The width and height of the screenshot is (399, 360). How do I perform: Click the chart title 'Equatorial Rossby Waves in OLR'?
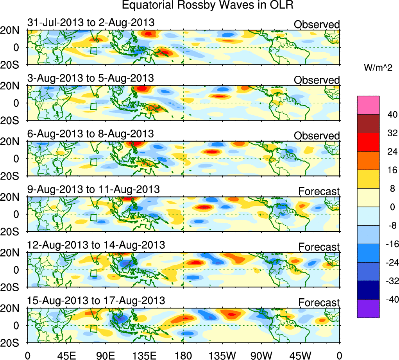[207, 5]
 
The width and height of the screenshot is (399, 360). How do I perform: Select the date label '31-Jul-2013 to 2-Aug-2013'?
[91, 23]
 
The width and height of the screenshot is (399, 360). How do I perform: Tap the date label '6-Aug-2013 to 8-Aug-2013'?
[90, 134]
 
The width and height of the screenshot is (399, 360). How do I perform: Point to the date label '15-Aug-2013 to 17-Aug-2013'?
[96, 301]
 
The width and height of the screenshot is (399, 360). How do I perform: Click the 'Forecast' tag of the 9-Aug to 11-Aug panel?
[319, 191]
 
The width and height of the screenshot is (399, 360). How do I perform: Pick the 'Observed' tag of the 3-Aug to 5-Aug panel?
[317, 80]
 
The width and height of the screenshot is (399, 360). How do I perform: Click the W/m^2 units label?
[378, 68]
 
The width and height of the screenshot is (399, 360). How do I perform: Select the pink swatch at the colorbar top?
[368, 105]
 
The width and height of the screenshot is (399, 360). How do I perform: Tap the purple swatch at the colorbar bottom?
[368, 308]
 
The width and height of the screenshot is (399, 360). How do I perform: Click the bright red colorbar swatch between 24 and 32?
[368, 142]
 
